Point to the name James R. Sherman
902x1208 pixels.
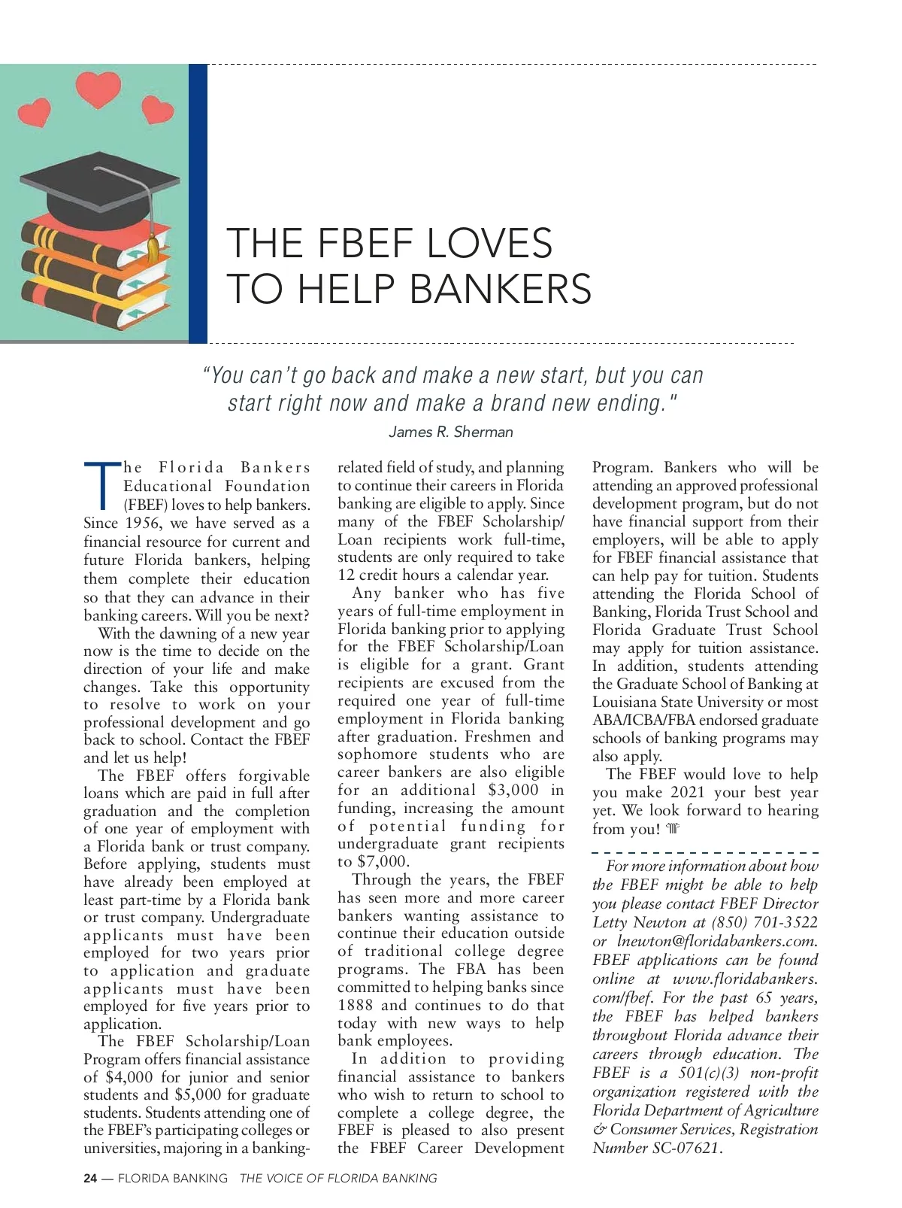[x=450, y=432]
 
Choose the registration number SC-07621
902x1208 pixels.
[x=687, y=1148]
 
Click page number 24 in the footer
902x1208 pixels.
[x=89, y=1178]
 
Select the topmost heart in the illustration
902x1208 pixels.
[x=98, y=87]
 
